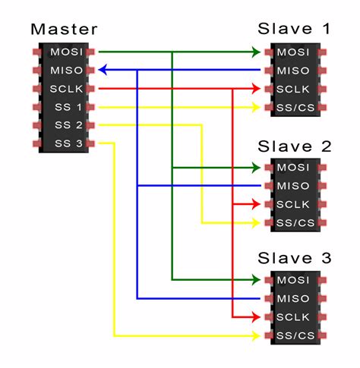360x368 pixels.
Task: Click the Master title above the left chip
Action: [64, 30]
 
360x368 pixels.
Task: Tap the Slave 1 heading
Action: [294, 30]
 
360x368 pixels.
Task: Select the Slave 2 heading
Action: [294, 145]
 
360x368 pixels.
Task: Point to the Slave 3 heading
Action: [294, 259]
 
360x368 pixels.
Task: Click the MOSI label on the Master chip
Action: [63, 52]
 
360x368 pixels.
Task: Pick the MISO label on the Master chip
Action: [63, 71]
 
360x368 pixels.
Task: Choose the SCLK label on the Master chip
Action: [63, 89]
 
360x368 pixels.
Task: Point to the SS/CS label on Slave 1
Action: [294, 108]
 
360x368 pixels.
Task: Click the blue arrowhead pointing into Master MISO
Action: [103, 71]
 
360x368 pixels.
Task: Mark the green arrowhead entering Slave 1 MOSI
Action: [256, 52]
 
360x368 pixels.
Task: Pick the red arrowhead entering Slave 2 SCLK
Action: [256, 204]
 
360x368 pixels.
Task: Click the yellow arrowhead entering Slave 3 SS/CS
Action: [256, 335]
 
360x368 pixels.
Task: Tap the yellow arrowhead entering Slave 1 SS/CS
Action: [256, 108]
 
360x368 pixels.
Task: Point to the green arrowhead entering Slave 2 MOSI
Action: [256, 167]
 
